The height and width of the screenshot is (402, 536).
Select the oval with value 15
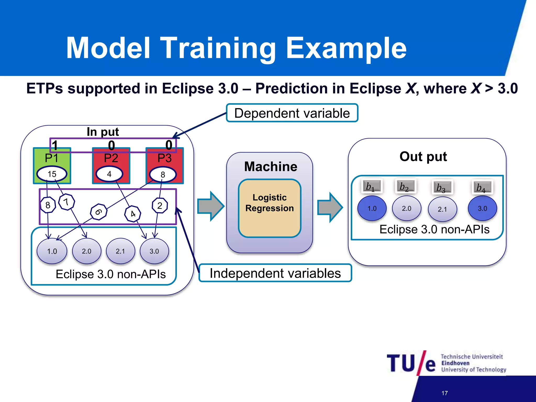coord(52,174)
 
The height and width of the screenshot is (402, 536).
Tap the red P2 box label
coord(111,158)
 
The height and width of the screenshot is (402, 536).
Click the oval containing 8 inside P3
coord(163,175)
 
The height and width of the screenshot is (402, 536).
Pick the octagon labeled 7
coord(66,202)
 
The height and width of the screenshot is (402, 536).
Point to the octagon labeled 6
coord(98,212)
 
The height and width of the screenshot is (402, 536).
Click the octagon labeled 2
coord(160,206)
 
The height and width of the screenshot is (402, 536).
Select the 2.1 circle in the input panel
coord(120,251)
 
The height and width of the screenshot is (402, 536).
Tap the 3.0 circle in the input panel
coord(154,251)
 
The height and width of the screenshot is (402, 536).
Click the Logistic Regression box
coord(270,208)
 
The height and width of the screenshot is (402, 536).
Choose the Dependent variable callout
coord(292,113)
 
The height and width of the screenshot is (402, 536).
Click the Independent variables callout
coord(275,273)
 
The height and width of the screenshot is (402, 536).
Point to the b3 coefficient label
coord(442,187)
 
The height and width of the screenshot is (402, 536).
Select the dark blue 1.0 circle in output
coord(372,209)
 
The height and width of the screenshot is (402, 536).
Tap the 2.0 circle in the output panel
coord(406,209)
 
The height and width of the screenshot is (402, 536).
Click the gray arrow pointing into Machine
coord(210,206)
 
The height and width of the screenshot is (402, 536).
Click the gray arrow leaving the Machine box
coord(330,207)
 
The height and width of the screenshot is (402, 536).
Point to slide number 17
coord(445,393)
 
